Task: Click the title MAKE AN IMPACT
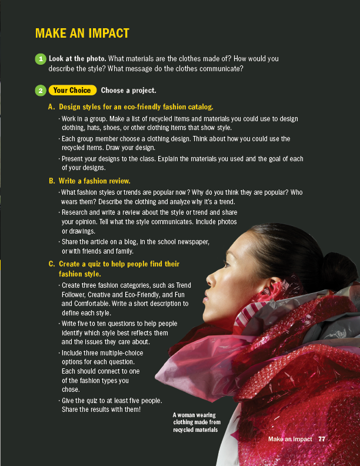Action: point(82,34)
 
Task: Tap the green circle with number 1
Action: point(40,59)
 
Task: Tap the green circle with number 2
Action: point(40,91)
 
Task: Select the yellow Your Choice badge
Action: point(72,91)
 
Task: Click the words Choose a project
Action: point(128,91)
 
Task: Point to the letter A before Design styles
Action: point(52,107)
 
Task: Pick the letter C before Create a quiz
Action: point(52,264)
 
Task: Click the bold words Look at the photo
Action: point(77,59)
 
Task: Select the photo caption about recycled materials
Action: point(196,422)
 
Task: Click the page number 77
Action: point(321,439)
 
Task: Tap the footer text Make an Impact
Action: point(290,439)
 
